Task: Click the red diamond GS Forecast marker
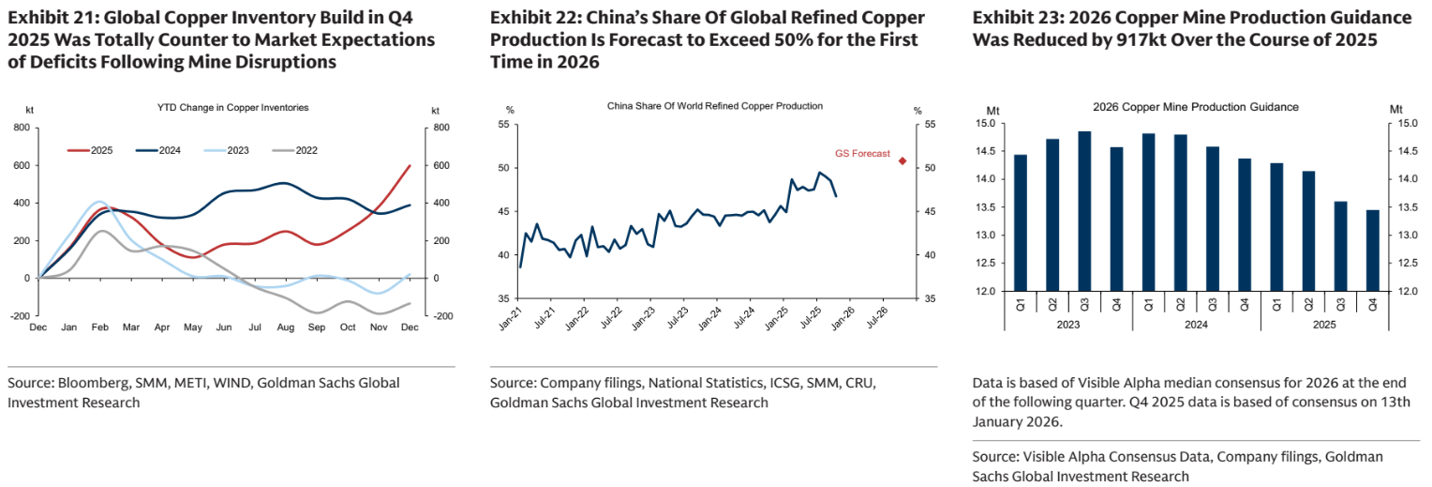(902, 160)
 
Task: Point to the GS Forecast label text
(862, 153)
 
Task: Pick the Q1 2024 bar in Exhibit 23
(1148, 212)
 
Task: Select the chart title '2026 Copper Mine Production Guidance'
(1196, 107)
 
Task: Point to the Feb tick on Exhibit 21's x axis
(99, 327)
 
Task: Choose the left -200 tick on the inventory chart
(19, 316)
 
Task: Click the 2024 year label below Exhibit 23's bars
(1196, 325)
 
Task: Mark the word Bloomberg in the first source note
(94, 383)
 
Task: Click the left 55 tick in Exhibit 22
(503, 125)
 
